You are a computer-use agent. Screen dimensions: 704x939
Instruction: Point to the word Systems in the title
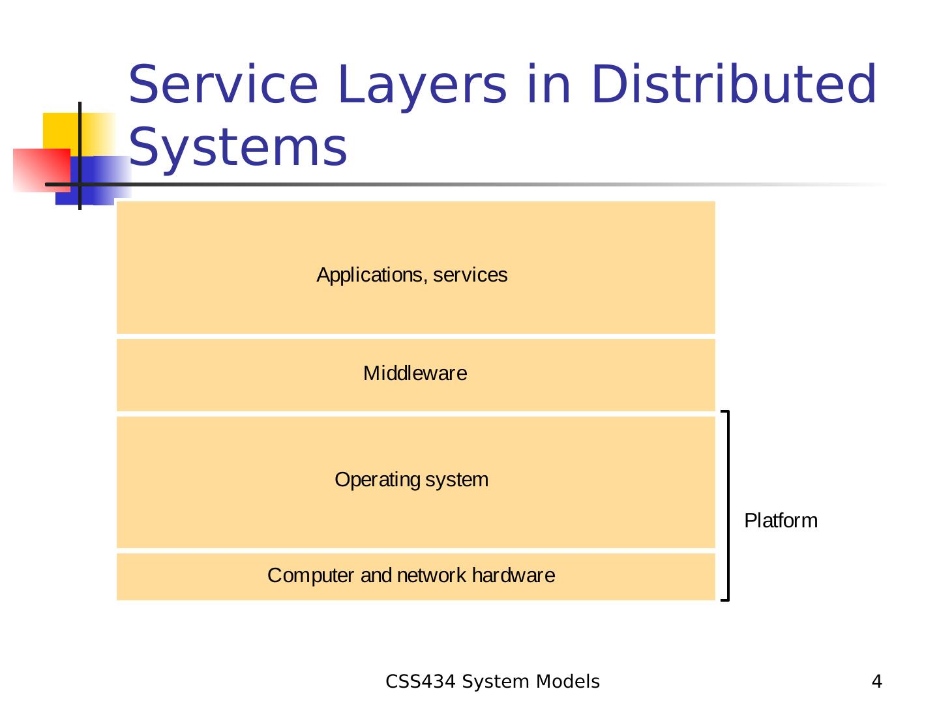[x=238, y=147]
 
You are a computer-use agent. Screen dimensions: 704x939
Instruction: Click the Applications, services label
[x=412, y=275]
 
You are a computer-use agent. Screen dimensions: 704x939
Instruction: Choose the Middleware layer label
[x=415, y=374]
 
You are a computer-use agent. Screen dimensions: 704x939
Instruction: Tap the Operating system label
[x=411, y=480]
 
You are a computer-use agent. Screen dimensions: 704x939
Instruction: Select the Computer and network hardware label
[x=411, y=576]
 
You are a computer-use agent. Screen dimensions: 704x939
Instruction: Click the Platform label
[x=781, y=521]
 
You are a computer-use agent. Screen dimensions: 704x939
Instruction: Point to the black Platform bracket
[x=727, y=505]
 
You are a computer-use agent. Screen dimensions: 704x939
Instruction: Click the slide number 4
[x=877, y=682]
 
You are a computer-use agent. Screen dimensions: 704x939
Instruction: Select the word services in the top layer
[x=470, y=275]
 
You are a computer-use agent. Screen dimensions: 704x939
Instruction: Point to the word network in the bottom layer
[x=431, y=576]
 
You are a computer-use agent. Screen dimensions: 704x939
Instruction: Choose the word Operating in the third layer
[x=378, y=480]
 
